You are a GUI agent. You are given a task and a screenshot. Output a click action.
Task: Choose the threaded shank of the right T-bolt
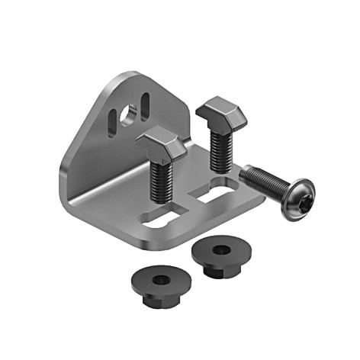(x=220, y=149)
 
